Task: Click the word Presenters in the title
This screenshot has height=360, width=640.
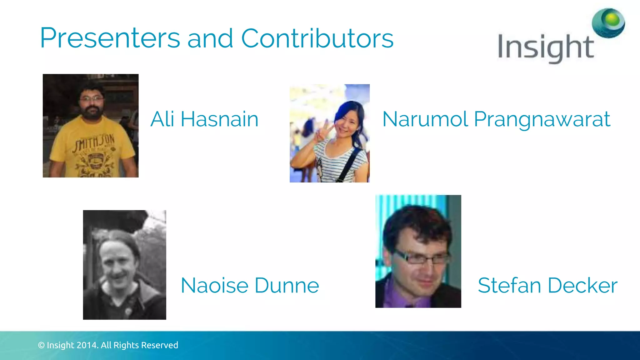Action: [110, 38]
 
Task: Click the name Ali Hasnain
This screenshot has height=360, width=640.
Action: [204, 119]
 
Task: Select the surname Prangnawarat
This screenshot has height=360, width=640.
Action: [542, 119]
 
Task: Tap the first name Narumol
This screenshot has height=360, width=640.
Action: [425, 119]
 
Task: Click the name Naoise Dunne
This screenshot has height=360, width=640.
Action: [250, 285]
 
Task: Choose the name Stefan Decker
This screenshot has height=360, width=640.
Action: [547, 285]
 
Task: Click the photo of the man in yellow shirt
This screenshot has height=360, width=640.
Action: [91, 126]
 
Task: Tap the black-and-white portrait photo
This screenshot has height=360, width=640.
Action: [124, 265]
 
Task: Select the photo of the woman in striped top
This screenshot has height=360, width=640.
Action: [329, 133]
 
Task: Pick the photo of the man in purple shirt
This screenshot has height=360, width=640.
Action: [418, 251]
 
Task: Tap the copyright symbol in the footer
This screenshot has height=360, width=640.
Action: [41, 345]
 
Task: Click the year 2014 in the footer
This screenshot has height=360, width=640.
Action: [87, 345]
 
